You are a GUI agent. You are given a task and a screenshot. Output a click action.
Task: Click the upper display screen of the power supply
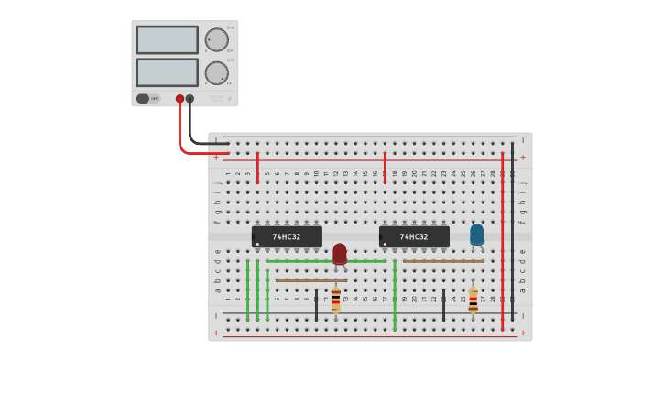[167, 39]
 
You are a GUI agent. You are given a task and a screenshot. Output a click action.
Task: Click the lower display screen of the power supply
[167, 72]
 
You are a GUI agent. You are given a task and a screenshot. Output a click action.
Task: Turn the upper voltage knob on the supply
[217, 39]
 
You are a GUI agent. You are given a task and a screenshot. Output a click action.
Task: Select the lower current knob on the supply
[217, 73]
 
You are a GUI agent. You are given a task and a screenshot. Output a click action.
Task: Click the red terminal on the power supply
[180, 98]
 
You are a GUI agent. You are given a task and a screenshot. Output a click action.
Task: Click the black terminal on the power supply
[190, 98]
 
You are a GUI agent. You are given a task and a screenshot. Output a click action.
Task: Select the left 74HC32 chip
[287, 236]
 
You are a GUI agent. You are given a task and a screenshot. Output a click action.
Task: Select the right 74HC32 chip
[414, 236]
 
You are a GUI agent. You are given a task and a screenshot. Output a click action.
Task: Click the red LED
[340, 253]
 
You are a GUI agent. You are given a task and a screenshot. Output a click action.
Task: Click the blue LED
[476, 234]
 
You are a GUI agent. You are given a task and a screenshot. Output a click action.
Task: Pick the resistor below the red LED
[336, 300]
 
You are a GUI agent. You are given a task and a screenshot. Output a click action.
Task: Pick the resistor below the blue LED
[473, 300]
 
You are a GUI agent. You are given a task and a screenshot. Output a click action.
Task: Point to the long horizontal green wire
[325, 261]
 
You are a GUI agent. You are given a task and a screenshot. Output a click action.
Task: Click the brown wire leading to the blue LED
[443, 261]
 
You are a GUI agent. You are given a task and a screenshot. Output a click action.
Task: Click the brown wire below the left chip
[311, 281]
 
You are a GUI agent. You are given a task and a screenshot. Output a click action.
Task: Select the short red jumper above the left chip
[257, 168]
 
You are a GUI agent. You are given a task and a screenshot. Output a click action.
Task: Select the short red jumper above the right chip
[385, 168]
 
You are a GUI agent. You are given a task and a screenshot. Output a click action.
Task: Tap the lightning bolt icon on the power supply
[229, 98]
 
